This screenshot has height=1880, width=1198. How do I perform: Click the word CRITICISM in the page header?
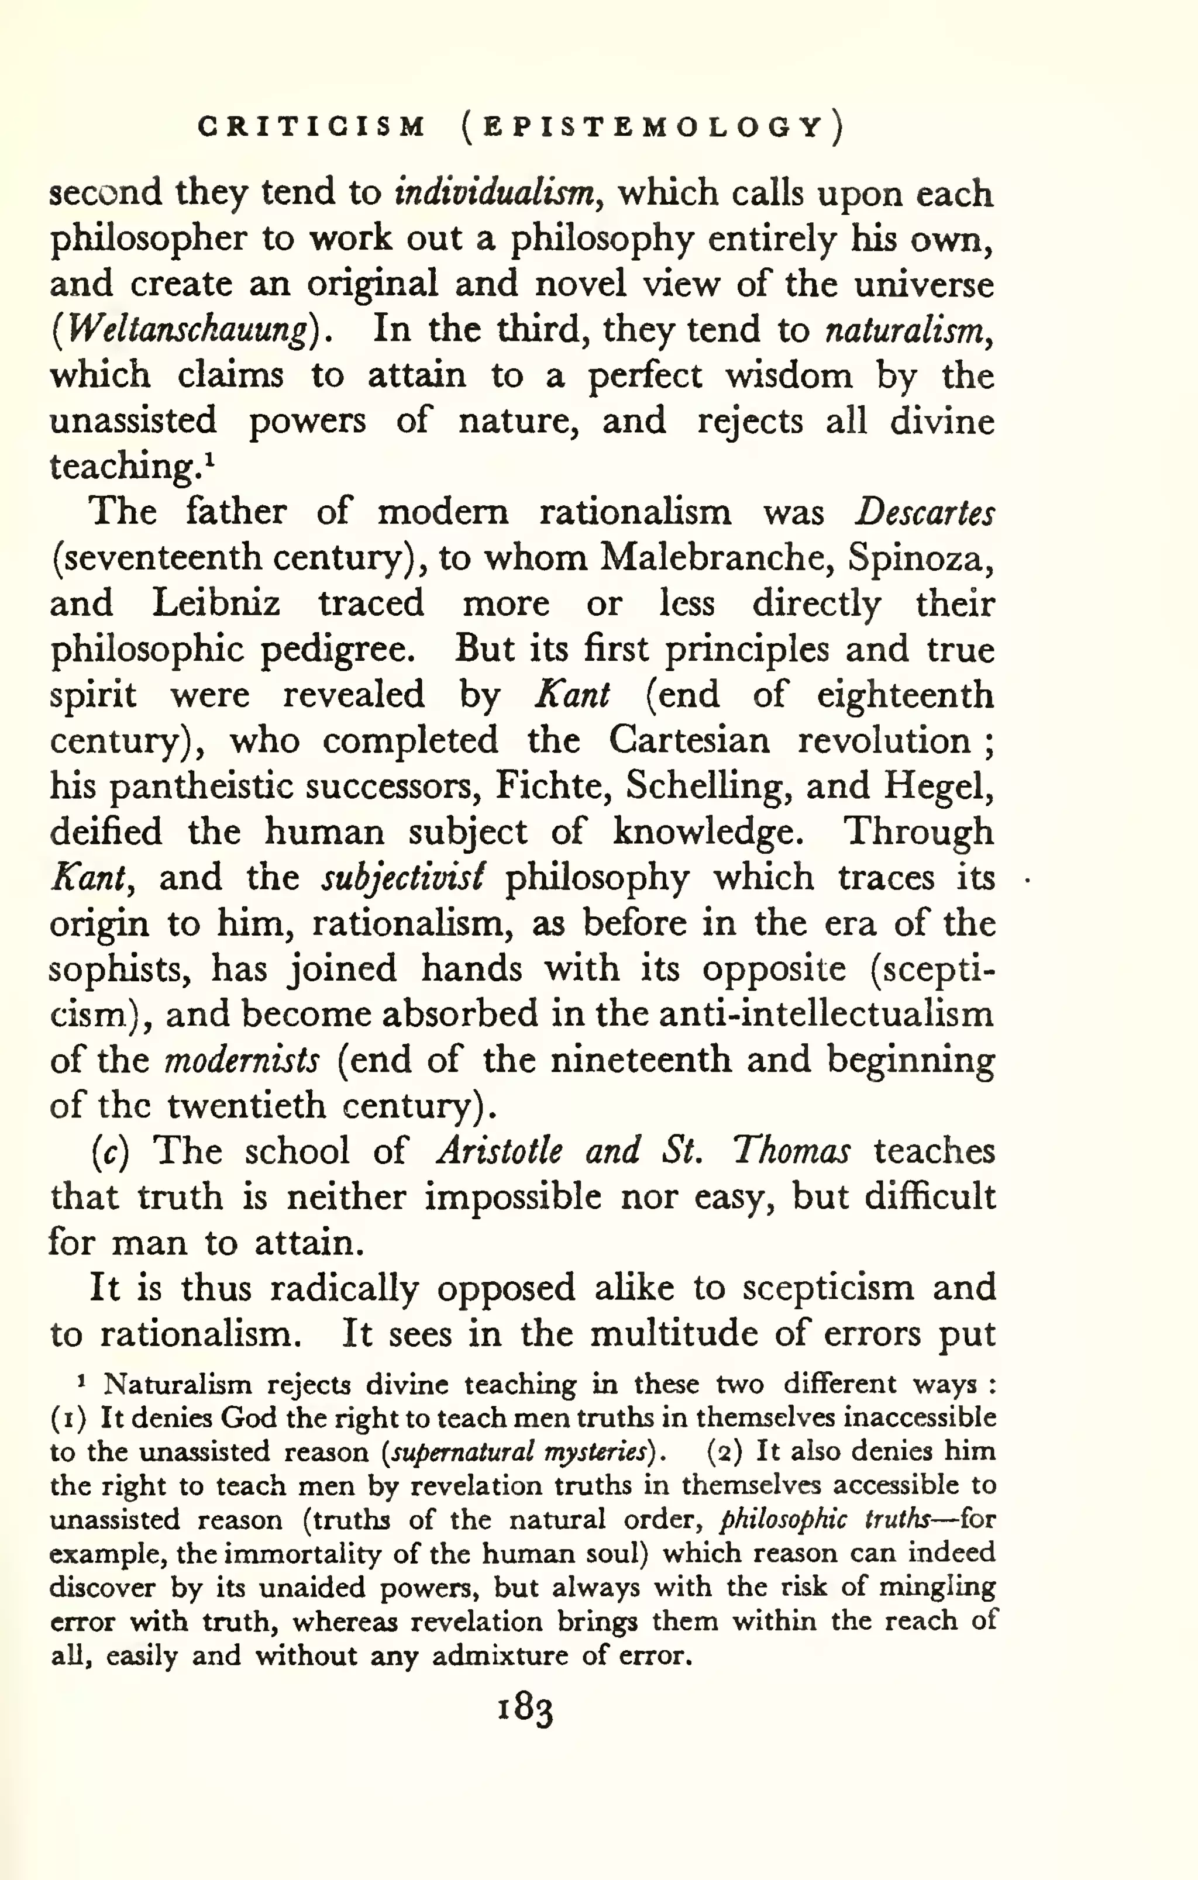pyautogui.click(x=312, y=126)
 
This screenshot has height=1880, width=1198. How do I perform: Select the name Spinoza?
pyautogui.click(x=918, y=557)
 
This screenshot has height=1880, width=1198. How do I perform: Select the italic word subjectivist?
pyautogui.click(x=403, y=878)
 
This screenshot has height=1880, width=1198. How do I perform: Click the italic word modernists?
pyautogui.click(x=242, y=1060)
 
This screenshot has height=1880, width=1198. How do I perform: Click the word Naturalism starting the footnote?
pyautogui.click(x=177, y=1384)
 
